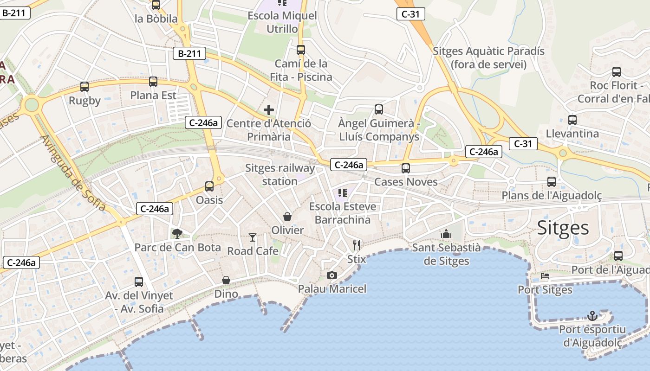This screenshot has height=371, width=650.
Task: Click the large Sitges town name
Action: [563, 228]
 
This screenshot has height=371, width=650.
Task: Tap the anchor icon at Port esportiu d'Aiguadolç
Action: [592, 316]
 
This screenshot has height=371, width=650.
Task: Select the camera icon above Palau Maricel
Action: [331, 275]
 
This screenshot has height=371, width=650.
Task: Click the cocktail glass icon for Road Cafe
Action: [252, 237]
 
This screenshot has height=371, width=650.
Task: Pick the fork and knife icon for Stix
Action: [357, 245]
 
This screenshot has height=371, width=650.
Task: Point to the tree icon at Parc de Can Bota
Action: [177, 233]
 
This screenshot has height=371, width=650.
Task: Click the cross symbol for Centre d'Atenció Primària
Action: [269, 110]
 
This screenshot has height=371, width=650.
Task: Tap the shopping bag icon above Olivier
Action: [287, 217]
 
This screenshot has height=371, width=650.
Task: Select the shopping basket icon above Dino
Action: [226, 280]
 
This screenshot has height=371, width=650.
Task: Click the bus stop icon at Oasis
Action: [209, 186]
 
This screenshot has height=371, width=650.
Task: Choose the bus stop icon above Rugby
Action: [84, 86]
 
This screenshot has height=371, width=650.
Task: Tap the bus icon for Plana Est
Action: [153, 82]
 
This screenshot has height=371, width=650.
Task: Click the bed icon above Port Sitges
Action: [545, 276]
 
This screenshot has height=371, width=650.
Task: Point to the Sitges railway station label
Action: [279, 174]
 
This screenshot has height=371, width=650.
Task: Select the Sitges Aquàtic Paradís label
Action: [488, 58]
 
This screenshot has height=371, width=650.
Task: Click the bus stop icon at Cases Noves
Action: [406, 168]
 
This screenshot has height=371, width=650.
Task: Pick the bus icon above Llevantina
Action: [572, 120]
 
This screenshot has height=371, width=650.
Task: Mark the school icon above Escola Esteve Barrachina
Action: [343, 192]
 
